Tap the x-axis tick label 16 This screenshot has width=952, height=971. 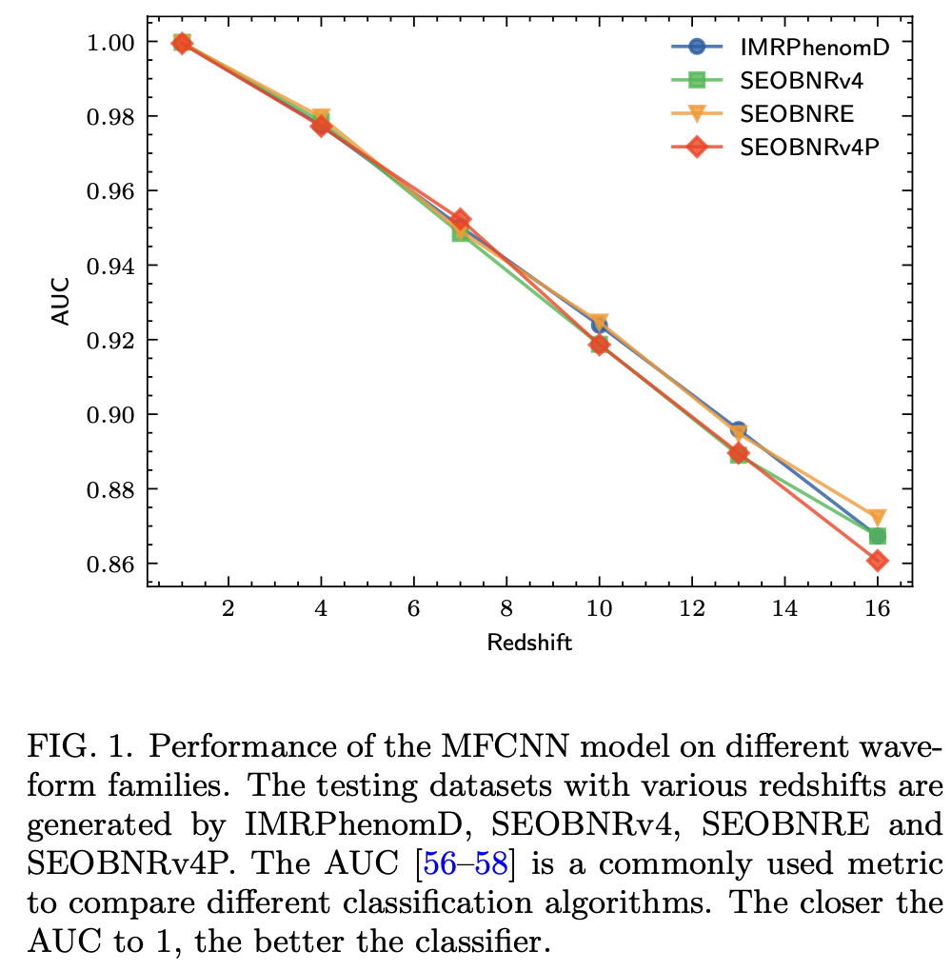[x=877, y=608]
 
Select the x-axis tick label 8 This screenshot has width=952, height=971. [x=506, y=608]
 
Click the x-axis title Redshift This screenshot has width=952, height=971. [x=529, y=643]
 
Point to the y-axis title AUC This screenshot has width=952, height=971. [x=60, y=300]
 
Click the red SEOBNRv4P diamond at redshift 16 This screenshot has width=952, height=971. [x=877, y=561]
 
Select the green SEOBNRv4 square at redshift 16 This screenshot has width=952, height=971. [x=877, y=537]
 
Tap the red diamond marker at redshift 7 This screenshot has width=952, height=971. [x=460, y=220]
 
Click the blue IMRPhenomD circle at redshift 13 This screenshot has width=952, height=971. [x=738, y=430]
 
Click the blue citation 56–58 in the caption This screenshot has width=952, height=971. [x=472, y=864]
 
